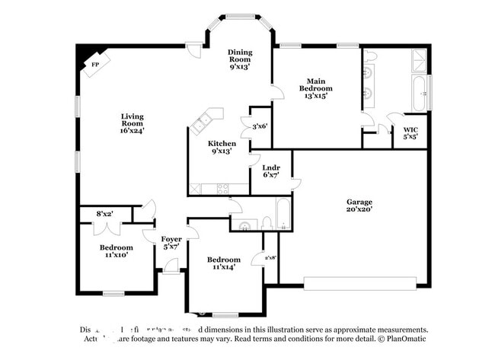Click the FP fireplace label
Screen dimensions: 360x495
(95, 64)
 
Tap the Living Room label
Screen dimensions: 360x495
(132, 123)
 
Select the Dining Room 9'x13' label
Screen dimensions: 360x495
(240, 59)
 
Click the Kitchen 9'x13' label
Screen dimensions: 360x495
(222, 147)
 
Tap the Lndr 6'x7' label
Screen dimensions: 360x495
(271, 171)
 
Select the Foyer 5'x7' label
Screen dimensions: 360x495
(171, 244)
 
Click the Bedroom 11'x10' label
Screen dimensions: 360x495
(116, 251)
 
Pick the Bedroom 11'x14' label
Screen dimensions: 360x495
(224, 263)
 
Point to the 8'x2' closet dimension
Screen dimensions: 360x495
(104, 214)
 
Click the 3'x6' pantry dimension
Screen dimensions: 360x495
(260, 126)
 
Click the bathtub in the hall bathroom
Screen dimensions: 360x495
(283, 215)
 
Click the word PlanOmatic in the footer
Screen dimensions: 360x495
(407, 339)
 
